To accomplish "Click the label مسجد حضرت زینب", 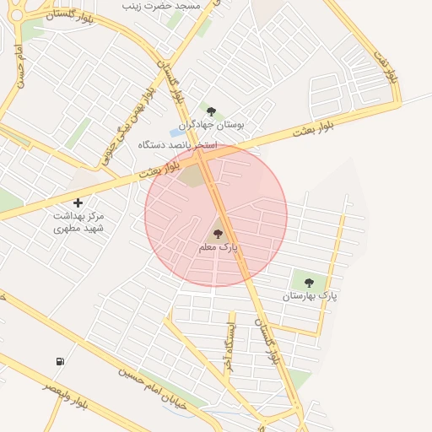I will pyautogui.click(x=162, y=6).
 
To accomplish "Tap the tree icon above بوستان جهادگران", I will pyautogui.click(x=211, y=111).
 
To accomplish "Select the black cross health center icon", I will pyautogui.click(x=78, y=202).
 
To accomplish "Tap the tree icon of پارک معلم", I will pyautogui.click(x=218, y=234).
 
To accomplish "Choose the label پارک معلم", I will pyautogui.click(x=219, y=248).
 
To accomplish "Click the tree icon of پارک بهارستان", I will pyautogui.click(x=309, y=283).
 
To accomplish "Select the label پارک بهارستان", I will pyautogui.click(x=310, y=296).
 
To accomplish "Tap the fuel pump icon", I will pyautogui.click(x=60, y=361).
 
